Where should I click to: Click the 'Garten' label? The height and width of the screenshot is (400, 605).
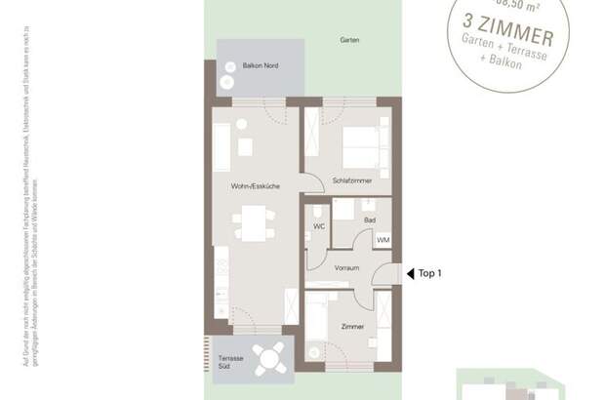tap(350, 41)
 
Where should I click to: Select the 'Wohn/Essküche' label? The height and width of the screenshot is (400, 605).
tap(256, 184)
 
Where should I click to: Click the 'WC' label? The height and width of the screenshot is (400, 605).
tap(318, 226)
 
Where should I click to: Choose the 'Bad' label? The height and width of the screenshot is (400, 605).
tap(370, 221)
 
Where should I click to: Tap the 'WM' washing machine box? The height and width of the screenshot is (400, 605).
tap(383, 239)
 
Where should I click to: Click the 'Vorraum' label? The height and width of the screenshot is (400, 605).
tap(347, 266)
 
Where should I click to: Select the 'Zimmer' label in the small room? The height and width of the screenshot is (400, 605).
tap(353, 326)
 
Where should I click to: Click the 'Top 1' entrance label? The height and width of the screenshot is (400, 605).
tap(430, 274)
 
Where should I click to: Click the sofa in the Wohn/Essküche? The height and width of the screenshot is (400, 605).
tap(222, 147)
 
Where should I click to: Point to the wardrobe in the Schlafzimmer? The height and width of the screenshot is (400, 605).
tap(312, 135)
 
